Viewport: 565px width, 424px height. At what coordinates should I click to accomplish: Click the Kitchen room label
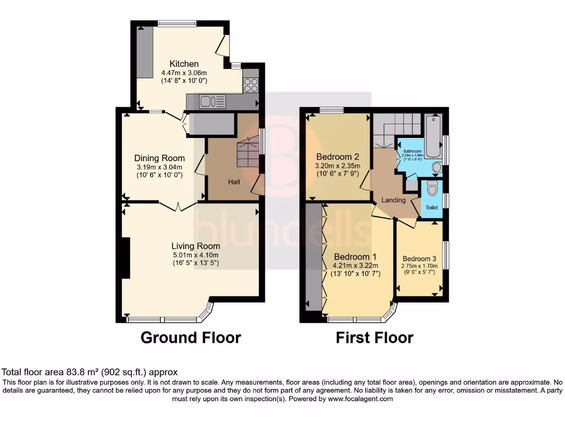point(184,63)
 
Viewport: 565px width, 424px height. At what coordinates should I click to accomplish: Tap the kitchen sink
point(209,101)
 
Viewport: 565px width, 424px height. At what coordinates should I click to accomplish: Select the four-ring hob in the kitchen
point(250,85)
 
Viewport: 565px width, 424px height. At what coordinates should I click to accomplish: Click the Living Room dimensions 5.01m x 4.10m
point(195,255)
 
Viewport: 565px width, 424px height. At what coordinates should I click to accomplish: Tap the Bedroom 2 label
point(338,156)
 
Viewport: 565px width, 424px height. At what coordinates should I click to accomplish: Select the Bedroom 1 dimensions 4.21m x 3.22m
point(357,265)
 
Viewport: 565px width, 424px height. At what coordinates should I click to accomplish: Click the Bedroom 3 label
point(419,258)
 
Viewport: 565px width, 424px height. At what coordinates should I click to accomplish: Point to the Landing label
point(394,200)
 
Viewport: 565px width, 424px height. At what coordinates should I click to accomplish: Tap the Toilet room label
point(431,208)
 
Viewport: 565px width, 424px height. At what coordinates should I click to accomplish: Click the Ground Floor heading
point(191,337)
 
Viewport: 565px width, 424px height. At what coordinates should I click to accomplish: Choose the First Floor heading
point(375,337)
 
